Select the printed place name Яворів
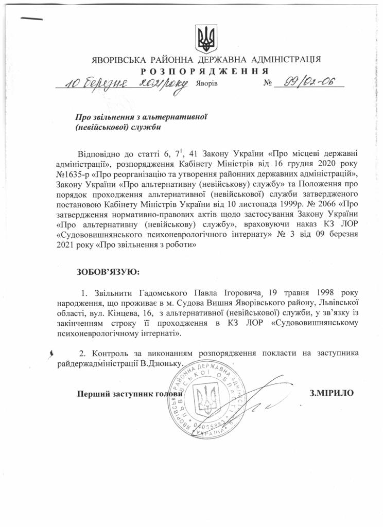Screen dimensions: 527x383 point(207,84)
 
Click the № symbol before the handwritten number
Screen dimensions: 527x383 point(267,83)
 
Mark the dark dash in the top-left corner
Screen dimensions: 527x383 point(32,19)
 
